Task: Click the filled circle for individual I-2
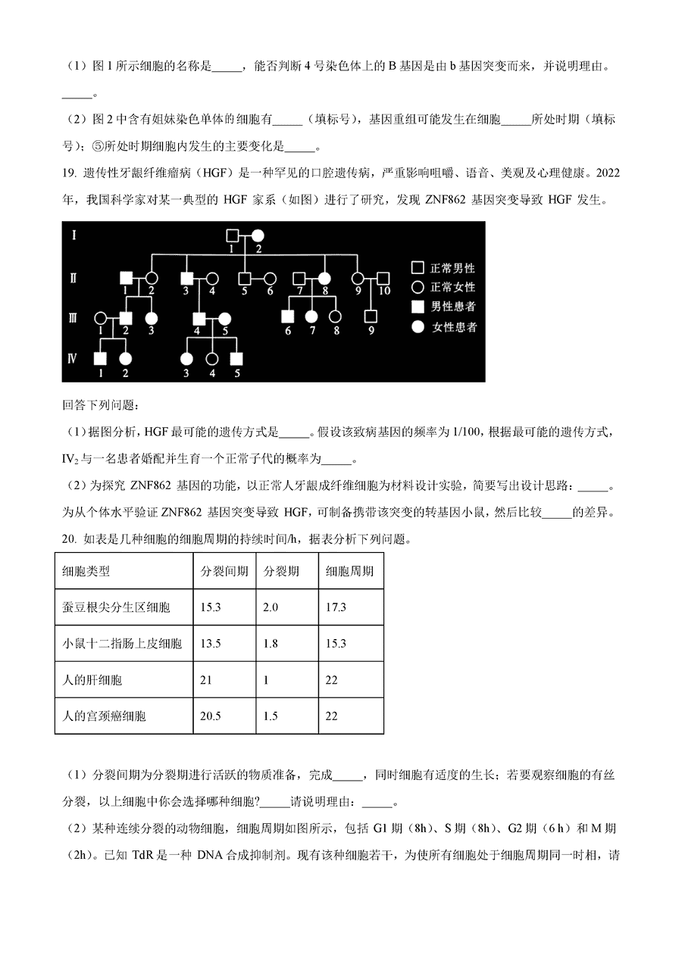[x=258, y=236]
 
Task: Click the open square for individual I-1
[x=235, y=236]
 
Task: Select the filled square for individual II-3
[x=187, y=278]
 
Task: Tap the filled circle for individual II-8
[x=325, y=278]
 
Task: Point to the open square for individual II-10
[x=383, y=278]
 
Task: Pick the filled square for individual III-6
[x=288, y=317]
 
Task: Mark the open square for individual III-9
[x=371, y=317]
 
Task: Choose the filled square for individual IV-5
[x=236, y=357]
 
